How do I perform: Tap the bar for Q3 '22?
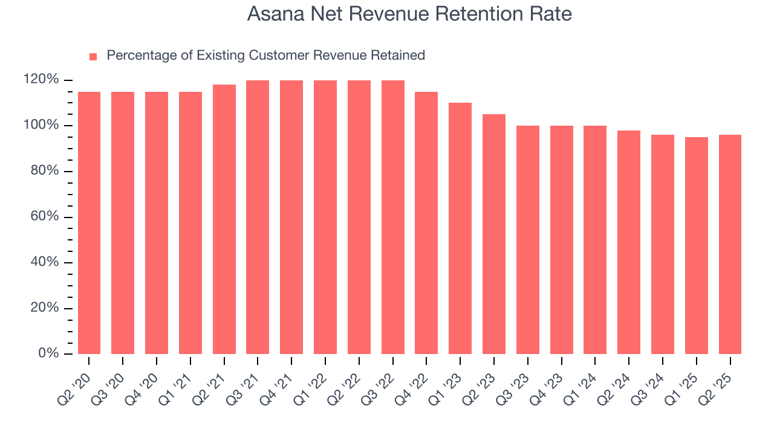393,217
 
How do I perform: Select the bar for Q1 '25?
697,245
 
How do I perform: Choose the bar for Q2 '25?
730,244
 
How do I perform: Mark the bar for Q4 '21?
291,217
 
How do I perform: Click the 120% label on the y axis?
41,80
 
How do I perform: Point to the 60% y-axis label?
45,217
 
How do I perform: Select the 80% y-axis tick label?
45,171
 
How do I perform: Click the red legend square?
93,56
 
